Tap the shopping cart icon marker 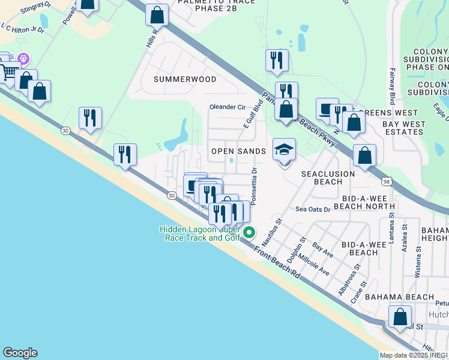coord(8,72)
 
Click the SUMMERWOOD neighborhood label coord(184,79)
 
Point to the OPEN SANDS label coord(238,151)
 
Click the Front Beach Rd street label coord(277,262)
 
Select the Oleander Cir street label coord(228,107)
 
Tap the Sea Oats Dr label coord(313,209)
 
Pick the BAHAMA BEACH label coord(399,297)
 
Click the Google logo coord(20,353)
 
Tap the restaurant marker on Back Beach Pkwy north coord(277,59)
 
